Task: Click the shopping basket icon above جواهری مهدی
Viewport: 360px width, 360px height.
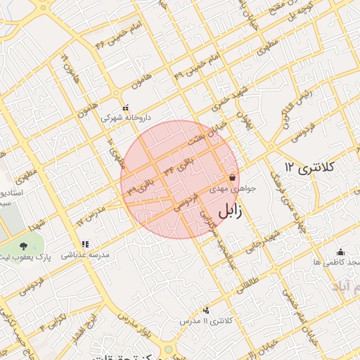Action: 233,178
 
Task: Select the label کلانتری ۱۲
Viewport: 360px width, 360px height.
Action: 312,167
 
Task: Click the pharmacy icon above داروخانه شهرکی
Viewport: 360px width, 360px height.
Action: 126,108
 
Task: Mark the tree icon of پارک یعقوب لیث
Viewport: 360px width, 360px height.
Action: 25,246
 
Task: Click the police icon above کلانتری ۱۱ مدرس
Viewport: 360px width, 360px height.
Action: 206,310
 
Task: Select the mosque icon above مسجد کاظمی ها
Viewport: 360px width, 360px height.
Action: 341,252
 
